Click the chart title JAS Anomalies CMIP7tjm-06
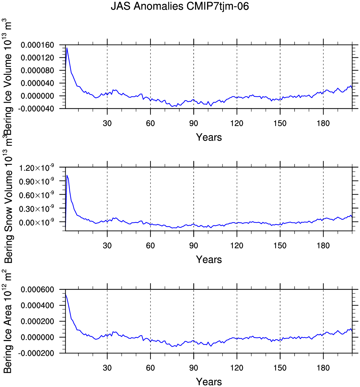point(180,7)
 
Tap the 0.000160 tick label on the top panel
point(37,45)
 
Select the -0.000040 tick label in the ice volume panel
point(36,109)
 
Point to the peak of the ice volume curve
point(67,48)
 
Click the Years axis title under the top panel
point(209,137)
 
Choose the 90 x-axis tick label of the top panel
point(194,123)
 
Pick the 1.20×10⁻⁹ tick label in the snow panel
point(36,167)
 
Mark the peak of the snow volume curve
point(67,175)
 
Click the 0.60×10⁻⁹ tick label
point(36,195)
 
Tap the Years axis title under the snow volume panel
point(209,259)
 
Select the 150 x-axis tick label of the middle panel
point(280,246)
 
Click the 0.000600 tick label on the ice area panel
point(37,290)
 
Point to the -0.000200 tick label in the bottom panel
point(36,353)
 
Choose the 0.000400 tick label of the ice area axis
point(37,305)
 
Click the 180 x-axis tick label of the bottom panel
point(323,368)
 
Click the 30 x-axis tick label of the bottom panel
point(107,368)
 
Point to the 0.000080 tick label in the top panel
point(37,70)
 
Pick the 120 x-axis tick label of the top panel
point(237,123)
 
